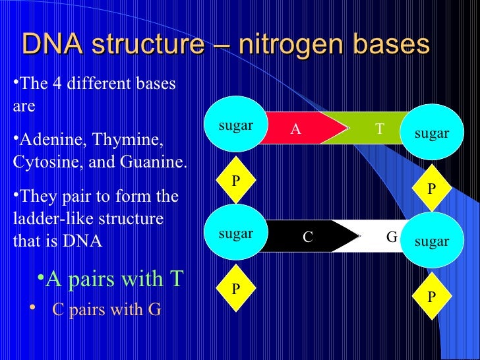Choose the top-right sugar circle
[431, 133]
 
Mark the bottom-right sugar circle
[431, 241]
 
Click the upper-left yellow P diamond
[235, 179]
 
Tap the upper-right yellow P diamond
[431, 188]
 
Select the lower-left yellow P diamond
[235, 288]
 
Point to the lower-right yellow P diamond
[431, 297]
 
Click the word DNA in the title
[53, 45]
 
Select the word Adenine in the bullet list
[50, 140]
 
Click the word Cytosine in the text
[42, 162]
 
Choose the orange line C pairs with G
[106, 309]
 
